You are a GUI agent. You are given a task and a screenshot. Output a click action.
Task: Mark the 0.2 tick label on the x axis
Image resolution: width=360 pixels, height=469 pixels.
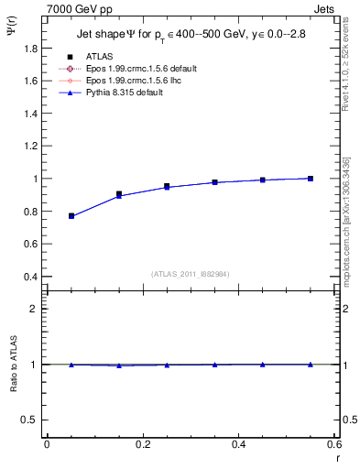tap(142, 444)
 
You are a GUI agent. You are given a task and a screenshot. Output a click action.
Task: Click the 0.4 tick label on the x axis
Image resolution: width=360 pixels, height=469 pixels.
tap(238, 444)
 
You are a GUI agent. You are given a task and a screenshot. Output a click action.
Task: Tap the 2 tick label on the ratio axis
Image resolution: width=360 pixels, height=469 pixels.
tap(35, 309)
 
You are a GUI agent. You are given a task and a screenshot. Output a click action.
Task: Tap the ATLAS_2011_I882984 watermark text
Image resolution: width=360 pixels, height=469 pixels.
tap(190, 274)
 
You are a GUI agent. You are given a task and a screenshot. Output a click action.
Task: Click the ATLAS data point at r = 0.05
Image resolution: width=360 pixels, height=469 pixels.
tap(71, 215)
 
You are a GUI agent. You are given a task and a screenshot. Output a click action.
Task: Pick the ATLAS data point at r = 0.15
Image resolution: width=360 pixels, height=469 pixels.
tap(119, 194)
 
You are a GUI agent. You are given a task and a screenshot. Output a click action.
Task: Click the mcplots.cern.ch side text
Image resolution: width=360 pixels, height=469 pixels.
tap(349, 229)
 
